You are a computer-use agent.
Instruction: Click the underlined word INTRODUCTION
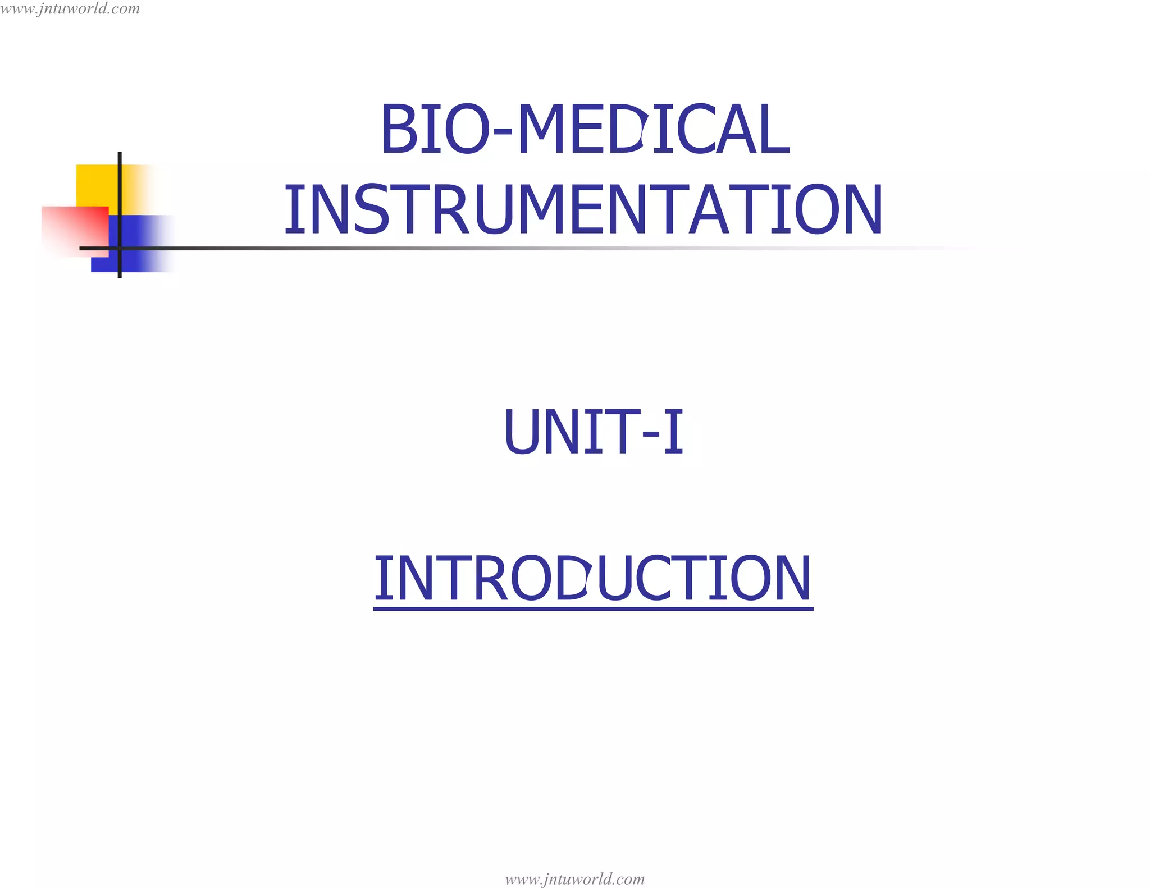click(x=592, y=578)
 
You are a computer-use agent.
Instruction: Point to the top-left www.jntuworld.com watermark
click(x=70, y=9)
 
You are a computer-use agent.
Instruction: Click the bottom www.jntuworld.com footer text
click(x=574, y=878)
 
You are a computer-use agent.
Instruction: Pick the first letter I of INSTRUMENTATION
click(x=291, y=210)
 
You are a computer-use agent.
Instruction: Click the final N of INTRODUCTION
click(x=792, y=578)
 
